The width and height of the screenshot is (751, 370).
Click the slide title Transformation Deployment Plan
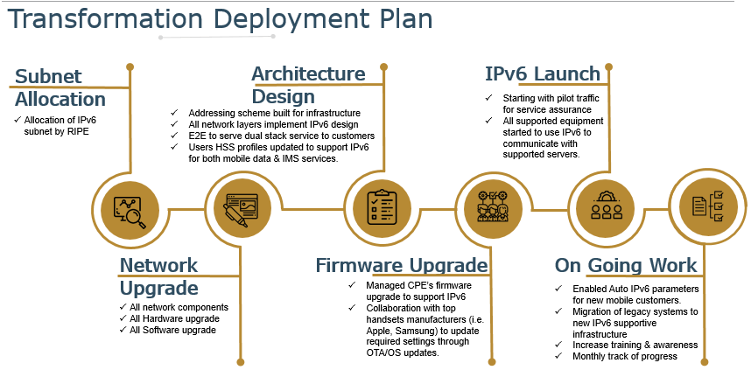tap(220, 19)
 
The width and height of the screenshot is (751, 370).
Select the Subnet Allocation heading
tap(60, 87)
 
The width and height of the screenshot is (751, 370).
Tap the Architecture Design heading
tap(307, 85)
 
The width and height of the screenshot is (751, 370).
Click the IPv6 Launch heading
tap(543, 73)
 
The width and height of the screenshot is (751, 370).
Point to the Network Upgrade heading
tap(158, 276)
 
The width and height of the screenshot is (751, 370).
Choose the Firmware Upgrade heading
tap(401, 265)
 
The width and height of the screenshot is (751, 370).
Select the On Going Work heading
tap(626, 265)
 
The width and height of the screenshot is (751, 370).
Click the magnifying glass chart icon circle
tap(130, 208)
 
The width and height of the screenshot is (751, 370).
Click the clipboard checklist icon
tap(382, 208)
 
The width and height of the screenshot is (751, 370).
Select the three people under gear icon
tap(606, 208)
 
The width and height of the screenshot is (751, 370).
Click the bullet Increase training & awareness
tap(635, 345)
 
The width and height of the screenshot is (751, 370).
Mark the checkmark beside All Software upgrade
tap(122, 330)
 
